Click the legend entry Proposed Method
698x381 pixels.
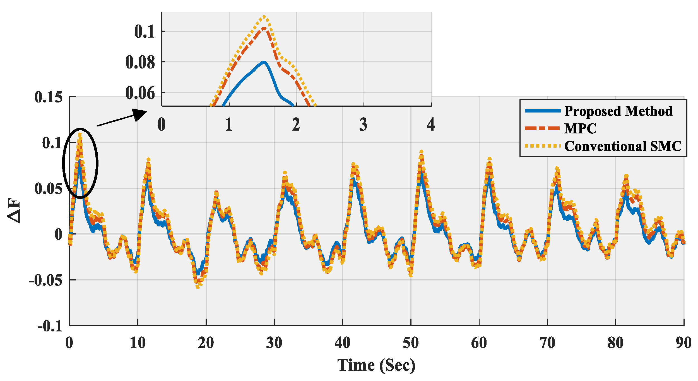[x=618, y=111]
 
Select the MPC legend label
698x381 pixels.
[x=580, y=128]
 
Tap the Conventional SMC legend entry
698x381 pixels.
[x=623, y=146]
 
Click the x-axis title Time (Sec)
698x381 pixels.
[x=376, y=365]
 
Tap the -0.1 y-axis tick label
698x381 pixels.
[x=50, y=326]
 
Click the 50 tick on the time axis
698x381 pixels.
[x=411, y=343]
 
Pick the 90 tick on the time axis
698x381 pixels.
[x=683, y=343]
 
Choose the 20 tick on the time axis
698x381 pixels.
[x=206, y=343]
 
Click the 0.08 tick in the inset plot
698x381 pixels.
[x=140, y=62]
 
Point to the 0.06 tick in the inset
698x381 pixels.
[x=140, y=93]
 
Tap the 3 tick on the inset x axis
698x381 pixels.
[x=363, y=124]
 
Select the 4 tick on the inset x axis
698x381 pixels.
[x=431, y=124]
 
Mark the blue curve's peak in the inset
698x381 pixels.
[x=264, y=62]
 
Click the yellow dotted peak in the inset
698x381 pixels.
[x=264, y=17]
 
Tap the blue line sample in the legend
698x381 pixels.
[x=542, y=111]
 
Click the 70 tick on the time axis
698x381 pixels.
[x=547, y=343]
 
